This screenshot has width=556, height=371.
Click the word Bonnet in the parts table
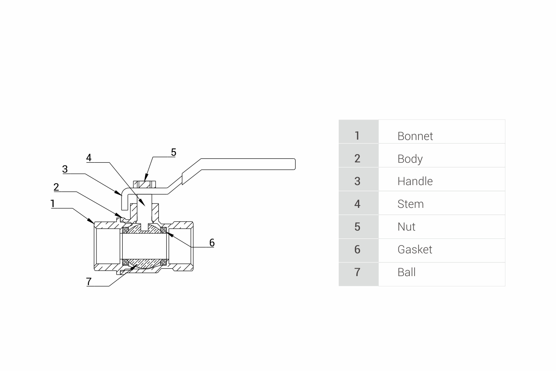415,136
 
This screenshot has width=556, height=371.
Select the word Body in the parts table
410,159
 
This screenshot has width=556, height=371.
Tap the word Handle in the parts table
415,181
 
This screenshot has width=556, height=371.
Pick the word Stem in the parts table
410,204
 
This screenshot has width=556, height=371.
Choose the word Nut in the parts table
406,227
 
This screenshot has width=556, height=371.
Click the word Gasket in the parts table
414,249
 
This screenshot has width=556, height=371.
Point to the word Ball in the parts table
406,272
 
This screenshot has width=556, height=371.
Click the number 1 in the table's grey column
357,136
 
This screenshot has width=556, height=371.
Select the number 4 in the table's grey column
357,204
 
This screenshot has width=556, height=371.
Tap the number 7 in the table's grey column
357,272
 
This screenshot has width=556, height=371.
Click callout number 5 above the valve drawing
173,152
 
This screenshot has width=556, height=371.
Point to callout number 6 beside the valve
212,242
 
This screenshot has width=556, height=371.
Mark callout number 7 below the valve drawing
89,281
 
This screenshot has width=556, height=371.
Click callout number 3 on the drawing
65,169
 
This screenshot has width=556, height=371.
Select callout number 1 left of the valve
53,203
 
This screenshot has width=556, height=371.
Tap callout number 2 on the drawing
56,187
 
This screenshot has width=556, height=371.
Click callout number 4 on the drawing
89,158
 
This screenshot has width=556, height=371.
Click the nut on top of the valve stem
145,184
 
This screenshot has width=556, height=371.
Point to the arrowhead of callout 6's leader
167,232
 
